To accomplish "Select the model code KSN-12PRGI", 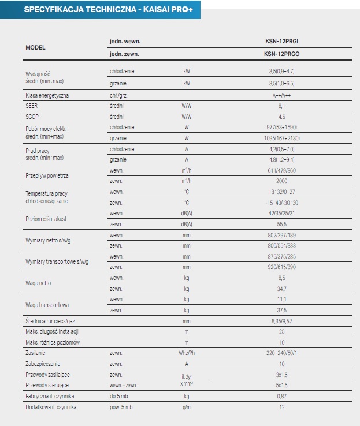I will [x=281, y=42].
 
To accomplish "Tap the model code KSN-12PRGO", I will [x=281, y=54].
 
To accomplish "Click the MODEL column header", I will [x=36, y=47].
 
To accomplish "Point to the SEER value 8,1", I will [x=282, y=106].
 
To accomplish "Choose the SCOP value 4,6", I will [x=282, y=116].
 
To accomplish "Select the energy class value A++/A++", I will [x=282, y=95].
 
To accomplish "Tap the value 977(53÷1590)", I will [x=282, y=127].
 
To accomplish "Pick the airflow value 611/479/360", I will [x=282, y=170].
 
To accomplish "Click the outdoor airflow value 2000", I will [x=282, y=181].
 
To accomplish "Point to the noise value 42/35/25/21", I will [x=282, y=213].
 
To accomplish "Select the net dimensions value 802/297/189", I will [x=282, y=235].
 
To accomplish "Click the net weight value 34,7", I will [x=282, y=288].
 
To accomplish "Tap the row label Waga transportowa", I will [x=47, y=304].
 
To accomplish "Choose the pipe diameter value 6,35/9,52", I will [x=282, y=320].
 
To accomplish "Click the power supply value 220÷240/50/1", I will [x=282, y=353].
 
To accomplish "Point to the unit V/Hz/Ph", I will [x=186, y=353].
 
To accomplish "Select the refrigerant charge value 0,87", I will [x=282, y=396].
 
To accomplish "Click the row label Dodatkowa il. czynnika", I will [x=51, y=407].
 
